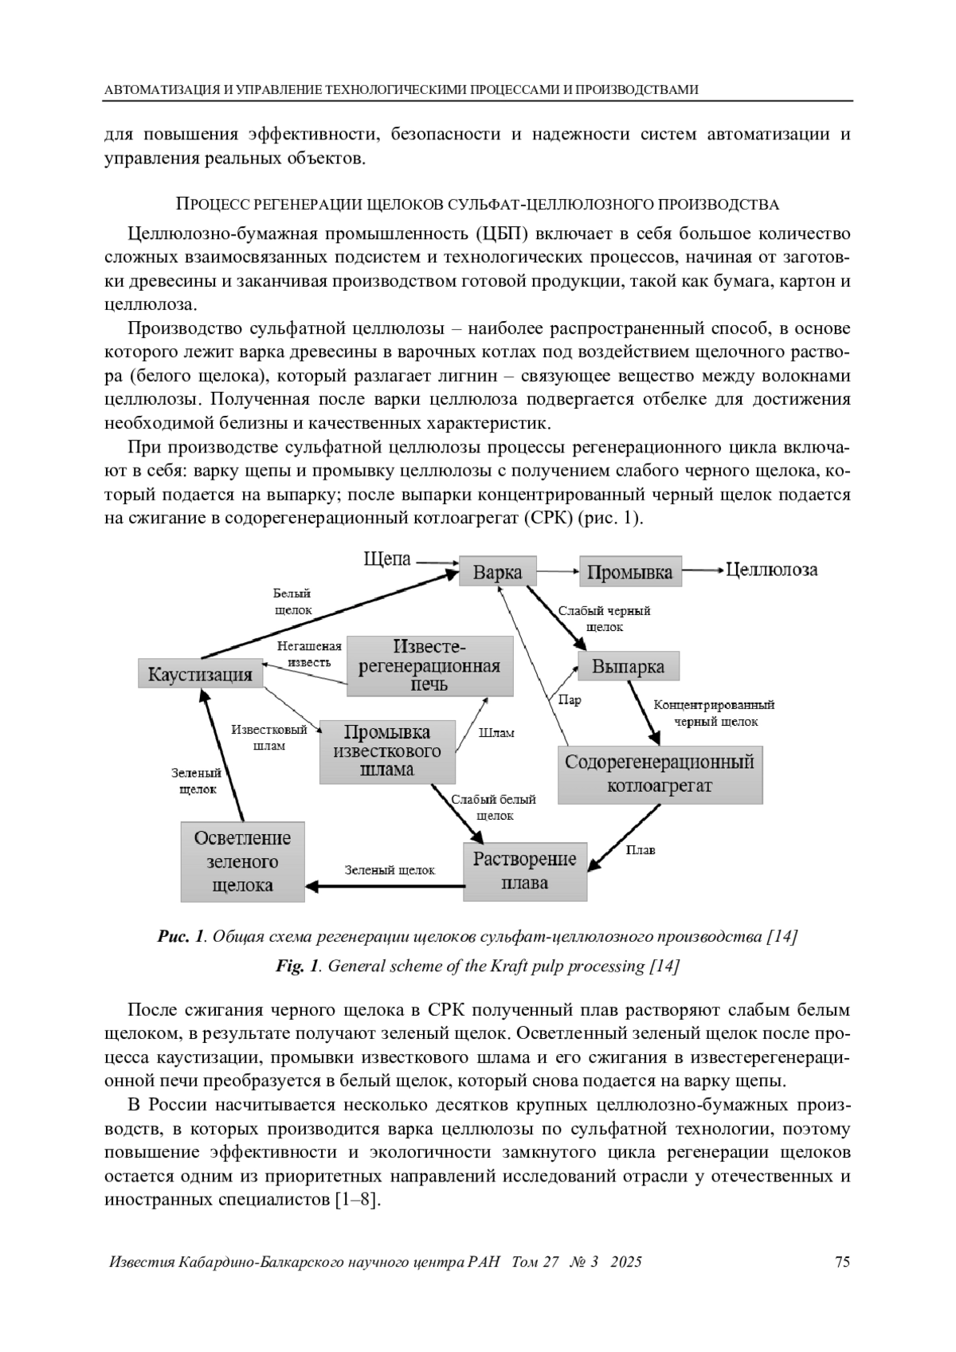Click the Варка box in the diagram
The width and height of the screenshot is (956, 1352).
(498, 572)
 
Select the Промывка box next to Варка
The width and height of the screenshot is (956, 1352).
(630, 572)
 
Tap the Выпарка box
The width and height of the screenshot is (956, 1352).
(628, 667)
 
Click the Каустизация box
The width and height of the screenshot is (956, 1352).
(200, 674)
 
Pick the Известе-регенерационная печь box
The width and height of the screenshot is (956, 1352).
(429, 666)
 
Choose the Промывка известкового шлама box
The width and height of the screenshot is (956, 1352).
(387, 751)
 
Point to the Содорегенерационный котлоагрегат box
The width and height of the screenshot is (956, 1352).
(660, 774)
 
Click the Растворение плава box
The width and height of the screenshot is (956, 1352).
(525, 871)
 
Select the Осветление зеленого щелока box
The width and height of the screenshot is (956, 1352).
(242, 861)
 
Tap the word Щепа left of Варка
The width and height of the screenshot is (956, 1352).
(387, 559)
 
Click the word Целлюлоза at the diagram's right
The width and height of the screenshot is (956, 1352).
(772, 570)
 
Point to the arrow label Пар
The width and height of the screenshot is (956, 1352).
(570, 700)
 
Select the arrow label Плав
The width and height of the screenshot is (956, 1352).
(641, 850)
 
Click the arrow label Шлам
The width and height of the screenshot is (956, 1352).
(497, 733)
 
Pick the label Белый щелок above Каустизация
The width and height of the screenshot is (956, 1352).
(292, 602)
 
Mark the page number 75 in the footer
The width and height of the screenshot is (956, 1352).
(842, 1262)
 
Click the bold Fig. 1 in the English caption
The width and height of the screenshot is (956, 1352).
(297, 966)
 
